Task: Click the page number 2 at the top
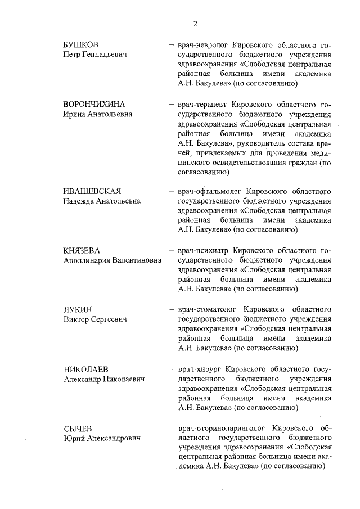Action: point(195,24)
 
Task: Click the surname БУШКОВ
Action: point(83,44)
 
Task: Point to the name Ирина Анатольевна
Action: point(97,114)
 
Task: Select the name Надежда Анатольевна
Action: point(101,201)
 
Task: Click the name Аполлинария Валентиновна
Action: point(112,261)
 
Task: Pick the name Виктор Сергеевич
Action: point(94,320)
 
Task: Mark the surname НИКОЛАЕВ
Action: point(85,370)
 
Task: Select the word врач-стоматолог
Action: point(208,310)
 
